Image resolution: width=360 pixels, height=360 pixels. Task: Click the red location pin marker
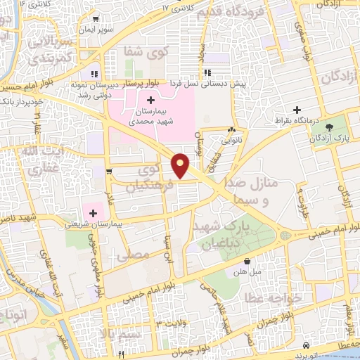[x=181, y=165]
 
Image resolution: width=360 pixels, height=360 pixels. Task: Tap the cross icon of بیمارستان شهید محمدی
[x=150, y=101]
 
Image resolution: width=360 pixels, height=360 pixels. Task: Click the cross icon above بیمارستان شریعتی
[x=93, y=212]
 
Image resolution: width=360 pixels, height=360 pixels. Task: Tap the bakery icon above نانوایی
[x=231, y=129]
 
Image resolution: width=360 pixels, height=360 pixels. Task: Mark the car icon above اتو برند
[x=307, y=346]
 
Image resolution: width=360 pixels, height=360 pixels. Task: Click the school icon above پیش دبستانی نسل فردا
[x=207, y=72]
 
